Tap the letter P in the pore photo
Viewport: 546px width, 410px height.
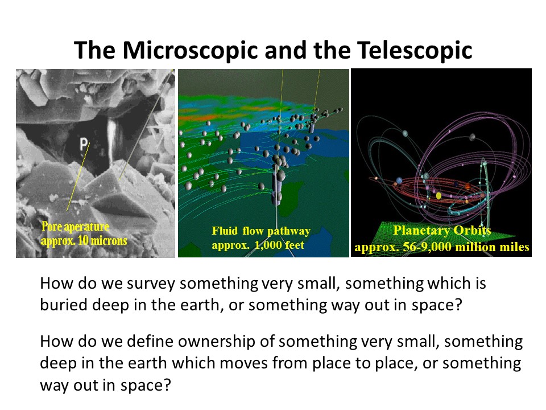pos(84,143)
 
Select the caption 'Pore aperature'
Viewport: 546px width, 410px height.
pos(76,227)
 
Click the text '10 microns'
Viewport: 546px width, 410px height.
pos(102,241)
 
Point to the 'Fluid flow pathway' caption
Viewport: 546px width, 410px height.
pos(261,231)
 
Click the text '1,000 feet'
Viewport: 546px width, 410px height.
pos(279,245)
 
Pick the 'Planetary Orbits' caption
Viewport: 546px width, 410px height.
pos(442,231)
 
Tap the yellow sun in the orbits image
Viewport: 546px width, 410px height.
pos(439,195)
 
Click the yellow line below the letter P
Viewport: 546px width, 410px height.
pos(78,177)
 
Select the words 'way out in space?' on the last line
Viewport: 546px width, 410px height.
pos(106,386)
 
